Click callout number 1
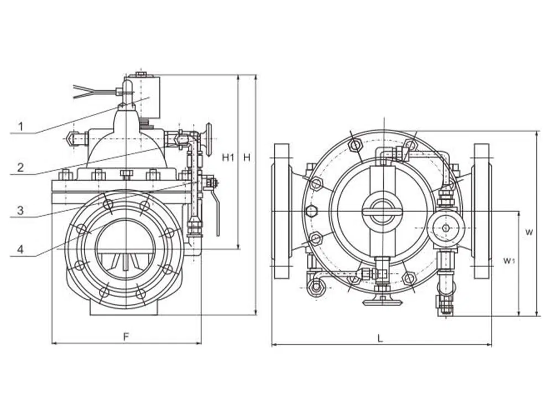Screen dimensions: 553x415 click(21, 126)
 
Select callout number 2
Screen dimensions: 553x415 click(21, 167)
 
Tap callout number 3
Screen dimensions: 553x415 click(20, 210)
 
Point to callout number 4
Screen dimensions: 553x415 click(20, 249)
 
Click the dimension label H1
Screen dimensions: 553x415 click(228, 157)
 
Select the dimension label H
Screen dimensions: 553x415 click(247, 157)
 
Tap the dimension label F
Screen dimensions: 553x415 click(126, 337)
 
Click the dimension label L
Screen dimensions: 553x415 click(380, 339)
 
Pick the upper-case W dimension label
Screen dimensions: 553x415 click(529, 232)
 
